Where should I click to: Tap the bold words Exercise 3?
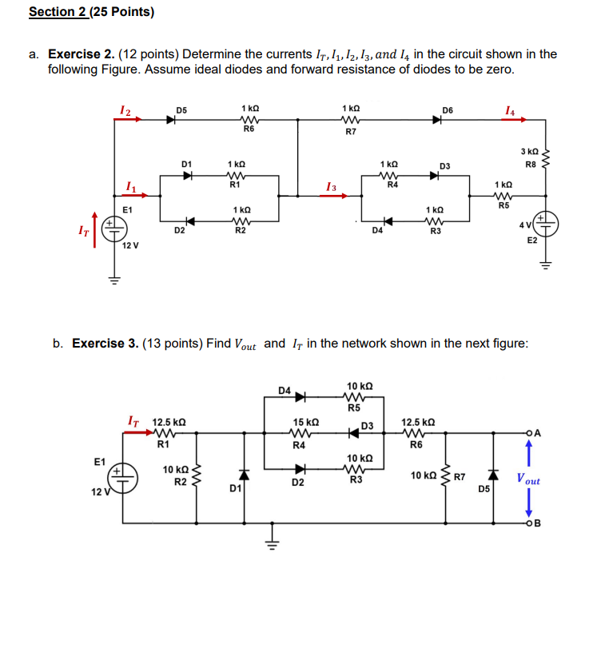tap(105, 344)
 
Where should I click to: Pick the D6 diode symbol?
tap(437, 121)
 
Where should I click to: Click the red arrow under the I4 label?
tap(512, 121)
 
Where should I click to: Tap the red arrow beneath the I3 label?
tap(328, 198)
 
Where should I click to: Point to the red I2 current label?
tap(125, 109)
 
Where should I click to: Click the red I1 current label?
tap(130, 187)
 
